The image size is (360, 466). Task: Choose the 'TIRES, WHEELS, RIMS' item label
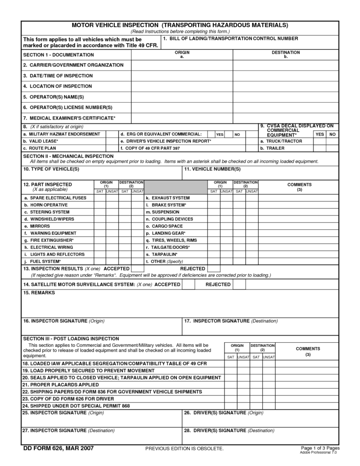[174, 240]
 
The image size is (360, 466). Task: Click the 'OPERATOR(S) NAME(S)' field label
[53, 97]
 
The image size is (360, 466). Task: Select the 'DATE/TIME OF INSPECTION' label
[58, 75]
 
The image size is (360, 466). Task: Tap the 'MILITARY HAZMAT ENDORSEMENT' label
[61, 134]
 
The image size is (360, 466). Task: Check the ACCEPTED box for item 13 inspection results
[138, 269]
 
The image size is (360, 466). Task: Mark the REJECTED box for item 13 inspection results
[214, 269]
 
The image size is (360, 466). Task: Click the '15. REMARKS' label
[39, 293]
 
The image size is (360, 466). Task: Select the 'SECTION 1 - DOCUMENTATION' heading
[59, 55]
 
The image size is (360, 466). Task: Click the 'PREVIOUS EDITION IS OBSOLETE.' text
[184, 449]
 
